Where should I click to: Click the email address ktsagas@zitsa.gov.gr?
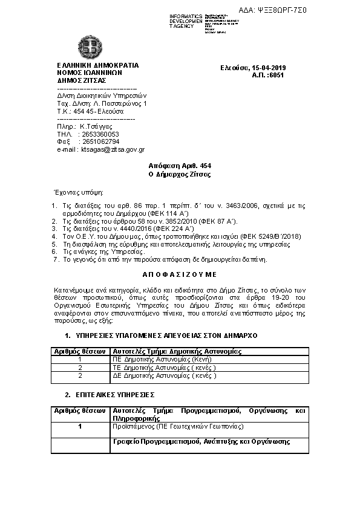(113, 149)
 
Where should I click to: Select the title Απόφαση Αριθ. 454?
(180, 166)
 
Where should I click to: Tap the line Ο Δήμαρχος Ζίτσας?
(180, 174)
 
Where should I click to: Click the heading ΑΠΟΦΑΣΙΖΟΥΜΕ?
(180, 274)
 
